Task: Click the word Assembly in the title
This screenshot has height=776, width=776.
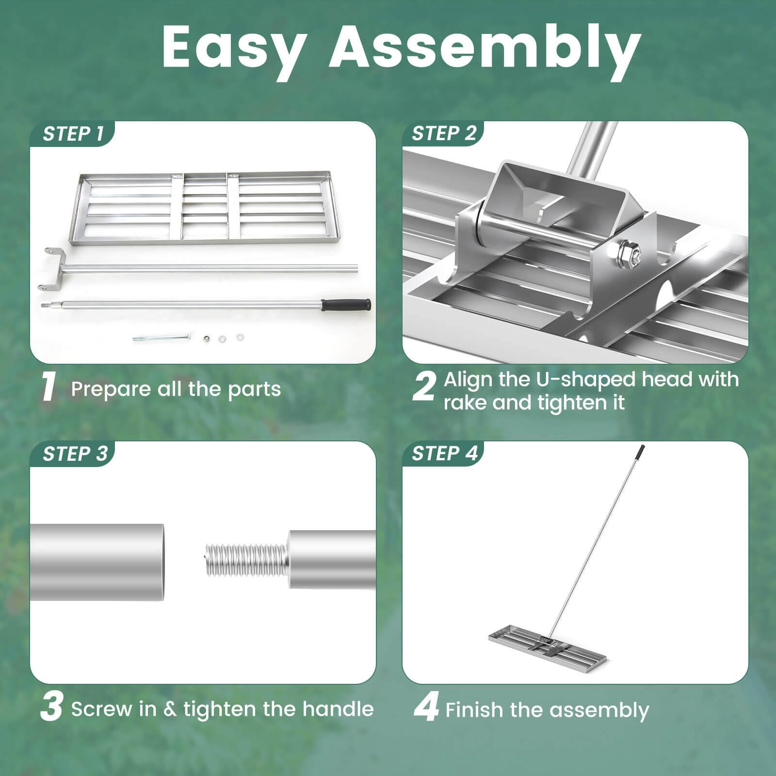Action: tap(485, 48)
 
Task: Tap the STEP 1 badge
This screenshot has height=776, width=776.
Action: tap(73, 134)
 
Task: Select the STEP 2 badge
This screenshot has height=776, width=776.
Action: tap(444, 133)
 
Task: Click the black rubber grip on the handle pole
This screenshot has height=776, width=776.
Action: tap(346, 305)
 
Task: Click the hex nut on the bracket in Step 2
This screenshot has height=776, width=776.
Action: tap(629, 254)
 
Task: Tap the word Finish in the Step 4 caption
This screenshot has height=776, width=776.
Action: tap(474, 710)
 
